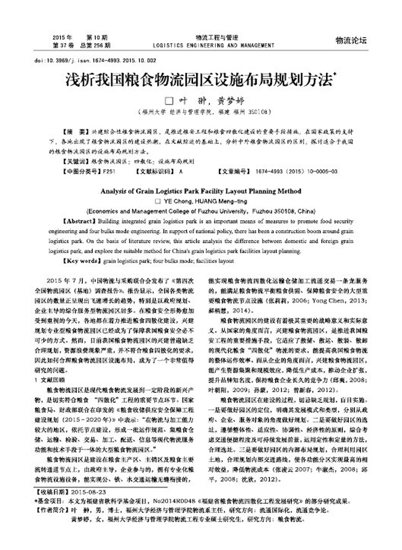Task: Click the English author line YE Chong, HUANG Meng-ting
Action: tap(201, 201)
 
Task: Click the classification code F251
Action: tap(109, 170)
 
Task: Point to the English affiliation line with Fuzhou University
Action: tap(201, 210)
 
